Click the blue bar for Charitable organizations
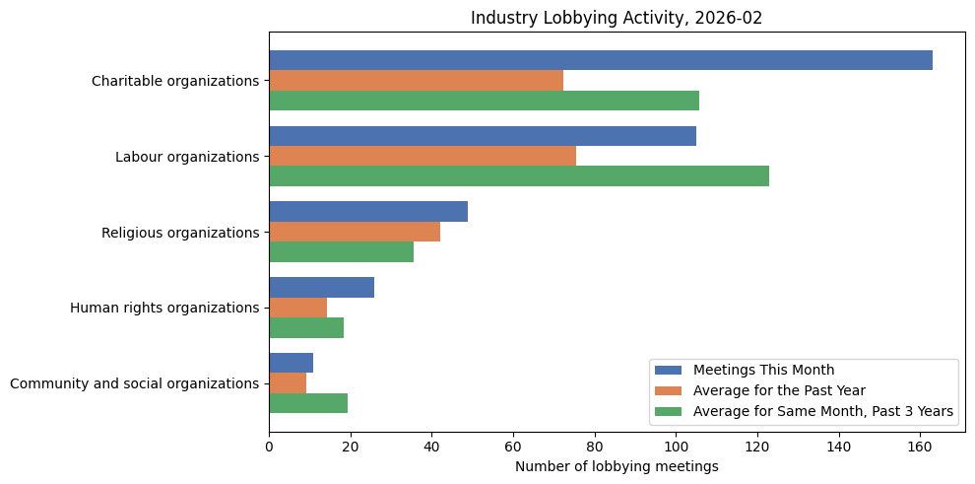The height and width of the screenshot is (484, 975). tap(600, 60)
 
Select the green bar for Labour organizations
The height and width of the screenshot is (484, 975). tap(518, 176)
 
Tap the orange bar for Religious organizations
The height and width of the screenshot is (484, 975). tap(355, 232)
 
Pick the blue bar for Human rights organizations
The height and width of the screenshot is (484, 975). tap(321, 287)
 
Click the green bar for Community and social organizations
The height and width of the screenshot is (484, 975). tap(308, 403)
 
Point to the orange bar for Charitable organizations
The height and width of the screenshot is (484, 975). tap(416, 80)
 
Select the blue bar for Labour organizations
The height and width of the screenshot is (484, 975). tap(483, 136)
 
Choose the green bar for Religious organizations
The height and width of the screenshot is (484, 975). tap(341, 252)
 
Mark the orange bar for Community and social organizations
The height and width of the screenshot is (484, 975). tap(288, 383)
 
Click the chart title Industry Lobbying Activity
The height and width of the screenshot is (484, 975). tap(617, 18)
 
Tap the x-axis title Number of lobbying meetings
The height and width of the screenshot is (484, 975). tap(617, 466)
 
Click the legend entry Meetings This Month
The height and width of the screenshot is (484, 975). tap(763, 370)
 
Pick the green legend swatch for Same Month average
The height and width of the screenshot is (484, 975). tap(668, 411)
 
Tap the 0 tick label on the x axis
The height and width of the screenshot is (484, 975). tap(269, 447)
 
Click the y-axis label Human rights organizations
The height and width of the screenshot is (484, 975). tap(163, 308)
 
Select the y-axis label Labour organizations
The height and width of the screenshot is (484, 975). tap(186, 157)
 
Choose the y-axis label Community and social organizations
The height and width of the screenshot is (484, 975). tap(134, 383)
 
